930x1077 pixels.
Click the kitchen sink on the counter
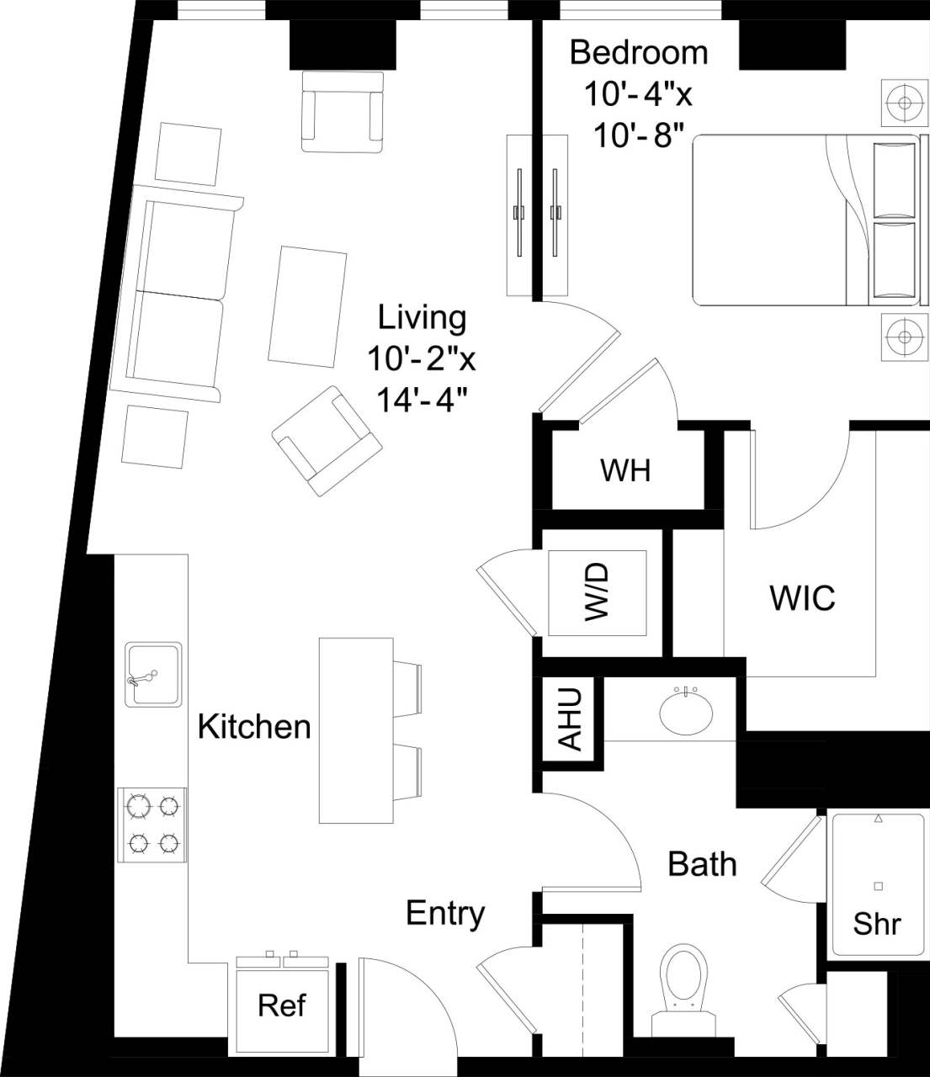(x=153, y=675)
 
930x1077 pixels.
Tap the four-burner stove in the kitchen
(x=152, y=825)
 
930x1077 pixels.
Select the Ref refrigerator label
(x=282, y=1005)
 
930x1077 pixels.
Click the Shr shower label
(x=876, y=924)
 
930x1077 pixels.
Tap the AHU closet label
(x=571, y=719)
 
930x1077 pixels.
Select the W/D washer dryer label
(x=597, y=592)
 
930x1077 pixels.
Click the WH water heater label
(x=625, y=470)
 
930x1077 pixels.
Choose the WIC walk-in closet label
(x=802, y=597)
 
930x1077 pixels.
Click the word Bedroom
(x=639, y=52)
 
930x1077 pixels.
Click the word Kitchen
(x=254, y=726)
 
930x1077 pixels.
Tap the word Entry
(x=445, y=913)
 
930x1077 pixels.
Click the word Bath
(x=702, y=864)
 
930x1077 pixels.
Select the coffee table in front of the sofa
(x=307, y=306)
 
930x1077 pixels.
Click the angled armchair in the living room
(x=326, y=440)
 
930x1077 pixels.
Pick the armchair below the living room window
(x=342, y=111)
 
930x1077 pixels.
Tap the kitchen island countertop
(x=355, y=729)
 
